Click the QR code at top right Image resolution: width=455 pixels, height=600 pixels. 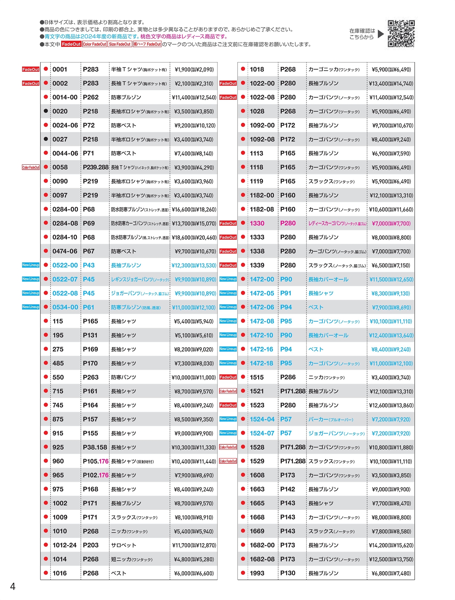(401, 34)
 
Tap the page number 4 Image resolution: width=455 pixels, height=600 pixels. (13, 587)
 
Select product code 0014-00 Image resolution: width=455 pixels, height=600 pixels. (65, 97)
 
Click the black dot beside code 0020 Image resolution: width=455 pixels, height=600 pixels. (46, 111)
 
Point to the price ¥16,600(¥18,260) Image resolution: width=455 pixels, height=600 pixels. (194, 209)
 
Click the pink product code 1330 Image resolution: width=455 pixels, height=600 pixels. (257, 223)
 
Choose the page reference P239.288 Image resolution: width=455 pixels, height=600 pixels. (96, 167)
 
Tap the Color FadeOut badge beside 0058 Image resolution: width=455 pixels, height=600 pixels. (31, 167)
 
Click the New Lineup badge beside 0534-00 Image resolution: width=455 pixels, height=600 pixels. (31, 307)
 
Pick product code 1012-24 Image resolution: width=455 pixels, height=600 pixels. (64, 545)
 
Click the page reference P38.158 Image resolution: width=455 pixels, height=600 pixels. (95, 447)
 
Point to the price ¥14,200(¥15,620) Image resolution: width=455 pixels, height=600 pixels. (391, 545)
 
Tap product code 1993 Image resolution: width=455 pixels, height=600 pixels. (257, 573)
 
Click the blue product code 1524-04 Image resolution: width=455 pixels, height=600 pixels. (262, 419)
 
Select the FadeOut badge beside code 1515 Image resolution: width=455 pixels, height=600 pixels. (228, 377)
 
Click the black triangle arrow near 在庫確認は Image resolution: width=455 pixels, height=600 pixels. (381, 34)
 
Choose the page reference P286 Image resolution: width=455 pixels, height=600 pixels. (288, 377)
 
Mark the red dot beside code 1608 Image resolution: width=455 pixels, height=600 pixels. (243, 475)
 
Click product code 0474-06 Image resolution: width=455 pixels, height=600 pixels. (65, 251)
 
